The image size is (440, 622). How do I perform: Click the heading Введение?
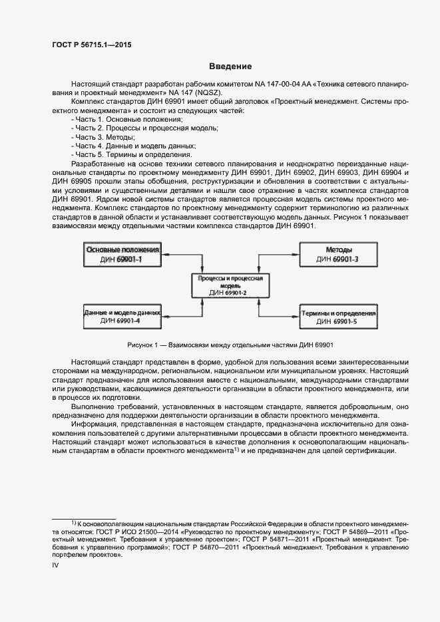point(230,67)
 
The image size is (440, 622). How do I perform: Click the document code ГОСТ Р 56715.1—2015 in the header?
point(91,45)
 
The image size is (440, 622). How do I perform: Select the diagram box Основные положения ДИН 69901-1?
point(122,253)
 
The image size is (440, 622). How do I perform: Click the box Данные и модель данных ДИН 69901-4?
point(122,316)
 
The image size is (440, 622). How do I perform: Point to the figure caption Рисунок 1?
point(230,345)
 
